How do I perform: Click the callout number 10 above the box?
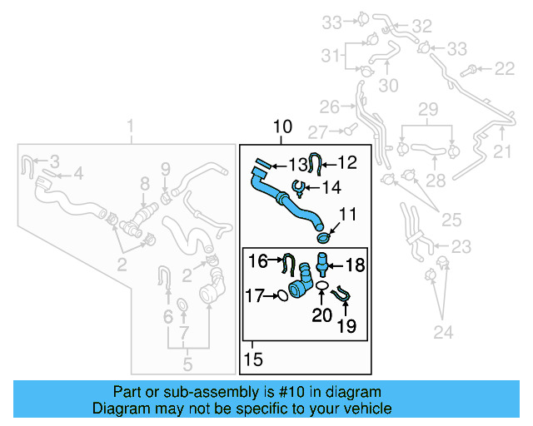click(x=282, y=127)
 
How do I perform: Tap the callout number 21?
click(x=502, y=151)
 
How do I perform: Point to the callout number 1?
click(x=130, y=126)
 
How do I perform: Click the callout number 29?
click(x=427, y=110)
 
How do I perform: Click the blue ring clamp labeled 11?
click(x=324, y=239)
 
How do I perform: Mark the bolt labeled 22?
click(x=473, y=67)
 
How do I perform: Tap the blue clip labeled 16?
click(x=288, y=265)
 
